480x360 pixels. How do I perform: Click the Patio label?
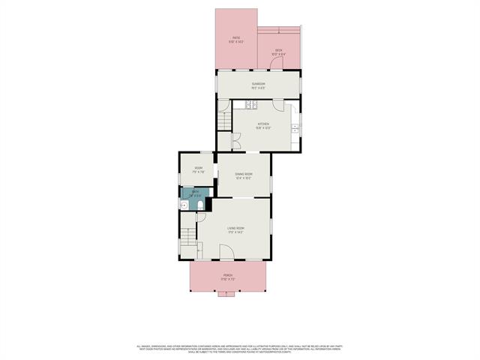point(235,39)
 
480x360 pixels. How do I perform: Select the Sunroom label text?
point(258,84)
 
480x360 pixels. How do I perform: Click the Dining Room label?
point(243,175)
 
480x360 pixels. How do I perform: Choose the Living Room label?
point(237,231)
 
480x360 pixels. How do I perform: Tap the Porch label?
point(227,277)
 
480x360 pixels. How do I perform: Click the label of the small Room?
point(198,169)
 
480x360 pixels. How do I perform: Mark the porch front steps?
point(226,294)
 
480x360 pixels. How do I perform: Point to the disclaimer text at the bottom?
point(239,349)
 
